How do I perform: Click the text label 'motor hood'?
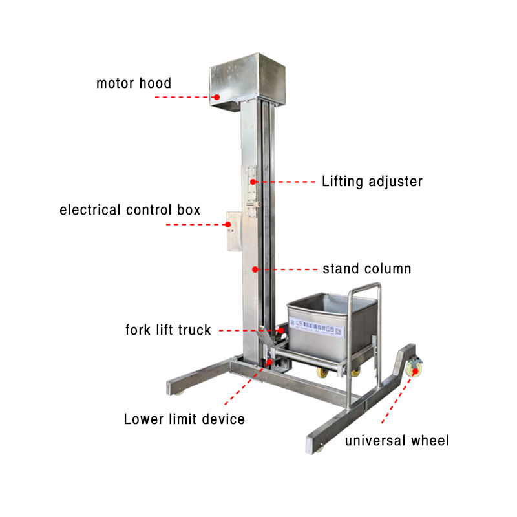coord(134,83)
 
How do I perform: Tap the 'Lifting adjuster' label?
coord(372,182)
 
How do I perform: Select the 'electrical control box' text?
coord(130,209)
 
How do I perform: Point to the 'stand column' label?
coord(366,269)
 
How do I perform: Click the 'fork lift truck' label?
coord(168,330)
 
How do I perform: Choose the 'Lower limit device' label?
coord(184,419)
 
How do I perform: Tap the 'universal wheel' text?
coord(396,441)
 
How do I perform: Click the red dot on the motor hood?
coord(217,97)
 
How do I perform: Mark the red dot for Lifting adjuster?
coord(254,182)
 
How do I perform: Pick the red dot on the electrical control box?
coord(228,225)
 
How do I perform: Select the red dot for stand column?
coord(255,269)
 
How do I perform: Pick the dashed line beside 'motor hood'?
coord(184,97)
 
